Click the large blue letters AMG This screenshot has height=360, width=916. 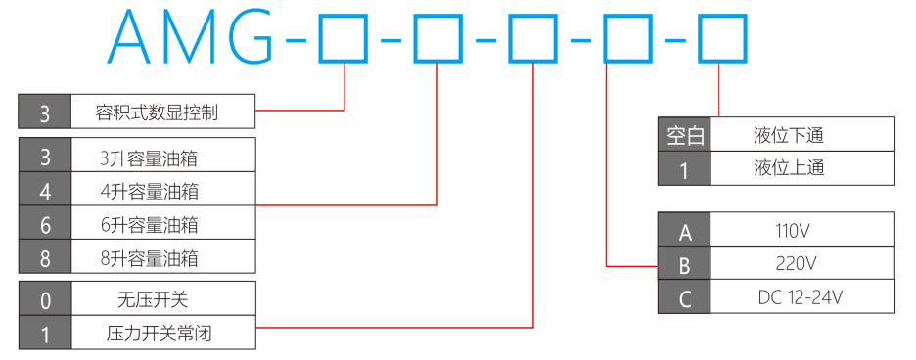tap(191, 36)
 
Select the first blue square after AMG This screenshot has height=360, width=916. tap(343, 38)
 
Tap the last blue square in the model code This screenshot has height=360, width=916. tap(722, 38)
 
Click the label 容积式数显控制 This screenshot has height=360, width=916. tap(157, 112)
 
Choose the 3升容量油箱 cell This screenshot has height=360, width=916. tap(163, 155)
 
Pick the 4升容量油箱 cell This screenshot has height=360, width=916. tap(163, 189)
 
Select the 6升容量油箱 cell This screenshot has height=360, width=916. tap(163, 223)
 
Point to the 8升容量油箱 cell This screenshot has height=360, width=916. tap(163, 256)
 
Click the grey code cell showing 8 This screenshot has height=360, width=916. tap(45, 256)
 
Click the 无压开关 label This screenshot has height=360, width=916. tap(153, 300)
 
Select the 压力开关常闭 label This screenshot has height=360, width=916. tap(159, 334)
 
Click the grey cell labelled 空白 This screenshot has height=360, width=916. tap(685, 134)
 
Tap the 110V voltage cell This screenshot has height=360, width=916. tap(802, 229)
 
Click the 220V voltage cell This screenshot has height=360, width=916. tap(802, 262)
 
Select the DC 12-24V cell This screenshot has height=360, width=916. tap(802, 296)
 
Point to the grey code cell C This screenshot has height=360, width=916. tap(685, 296)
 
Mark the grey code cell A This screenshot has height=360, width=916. tap(685, 229)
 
